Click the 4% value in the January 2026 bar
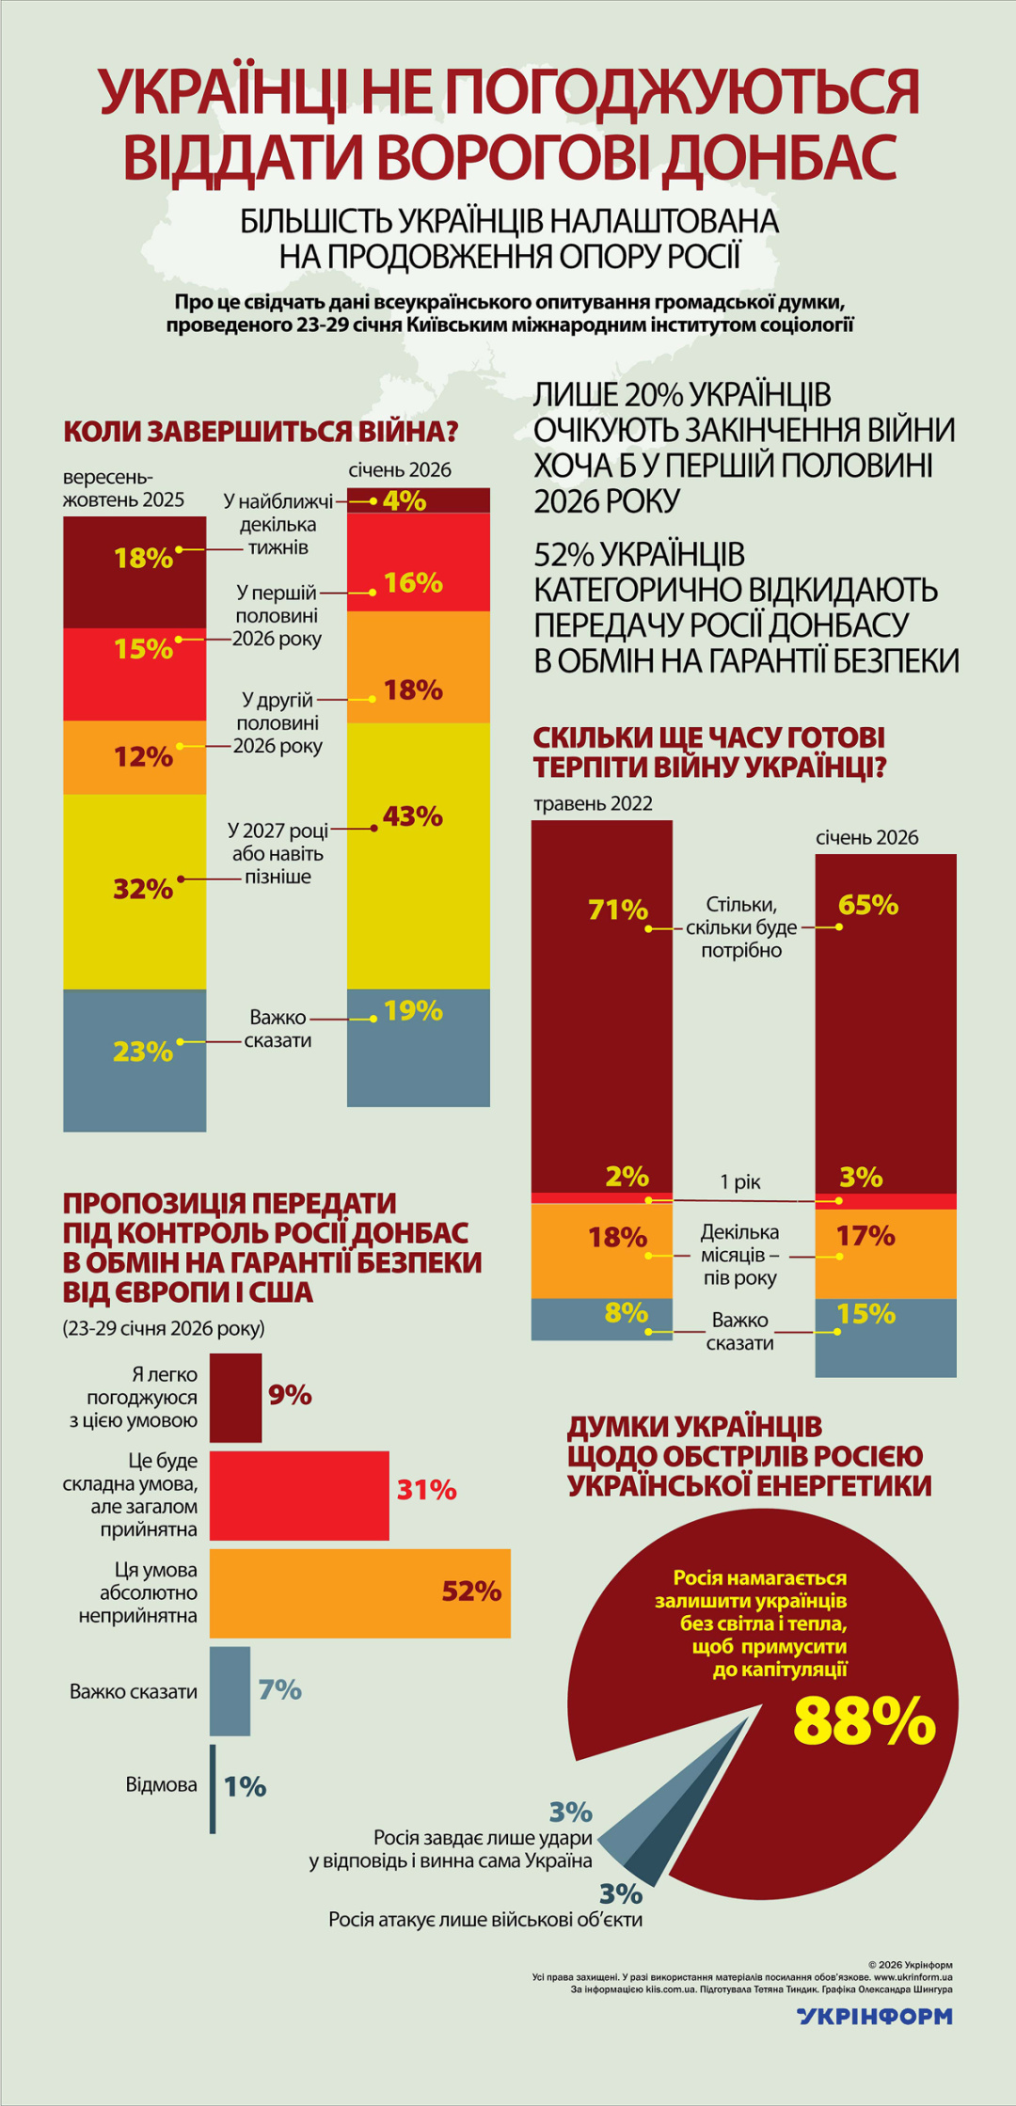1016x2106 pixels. click(405, 500)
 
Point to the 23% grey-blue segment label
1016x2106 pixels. click(143, 1052)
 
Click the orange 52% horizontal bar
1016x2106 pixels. click(359, 1592)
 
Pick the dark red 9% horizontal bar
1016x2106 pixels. click(235, 1397)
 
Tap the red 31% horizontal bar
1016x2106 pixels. click(298, 1495)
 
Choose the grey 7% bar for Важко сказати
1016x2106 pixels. click(230, 1690)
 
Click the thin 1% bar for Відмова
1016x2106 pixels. click(214, 1788)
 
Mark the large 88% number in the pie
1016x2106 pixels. click(864, 1720)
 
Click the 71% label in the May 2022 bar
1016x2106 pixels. click(618, 910)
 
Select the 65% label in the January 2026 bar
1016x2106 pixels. click(867, 905)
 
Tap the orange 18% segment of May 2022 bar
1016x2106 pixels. click(602, 1250)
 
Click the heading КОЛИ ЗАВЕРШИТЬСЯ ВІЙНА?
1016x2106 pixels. click(261, 432)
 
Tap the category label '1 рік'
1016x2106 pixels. click(740, 1182)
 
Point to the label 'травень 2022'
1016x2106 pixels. click(593, 803)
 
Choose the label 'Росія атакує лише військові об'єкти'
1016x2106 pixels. click(485, 1919)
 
